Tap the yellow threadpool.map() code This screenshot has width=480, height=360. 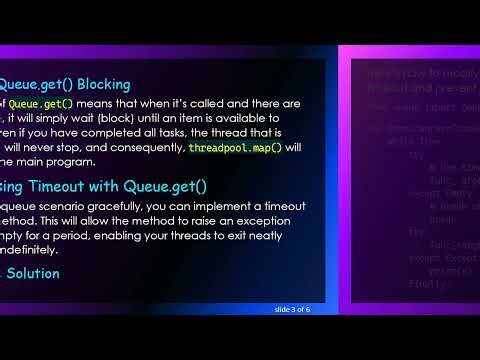pyautogui.click(x=236, y=147)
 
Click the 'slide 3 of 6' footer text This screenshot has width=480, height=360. pyautogui.click(x=292, y=309)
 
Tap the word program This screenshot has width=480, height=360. pyautogui.click(x=71, y=162)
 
